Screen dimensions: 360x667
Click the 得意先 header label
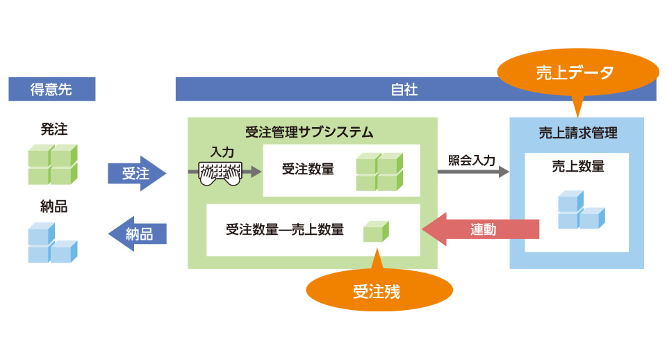51,89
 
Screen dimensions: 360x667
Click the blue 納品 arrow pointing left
138,234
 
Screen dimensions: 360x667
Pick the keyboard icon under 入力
220,174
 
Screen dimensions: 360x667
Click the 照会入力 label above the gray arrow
472,160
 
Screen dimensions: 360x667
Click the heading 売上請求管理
577,132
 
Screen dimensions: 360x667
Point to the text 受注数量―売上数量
285,229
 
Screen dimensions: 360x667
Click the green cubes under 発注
52,165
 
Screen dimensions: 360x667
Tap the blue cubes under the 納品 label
52,243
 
